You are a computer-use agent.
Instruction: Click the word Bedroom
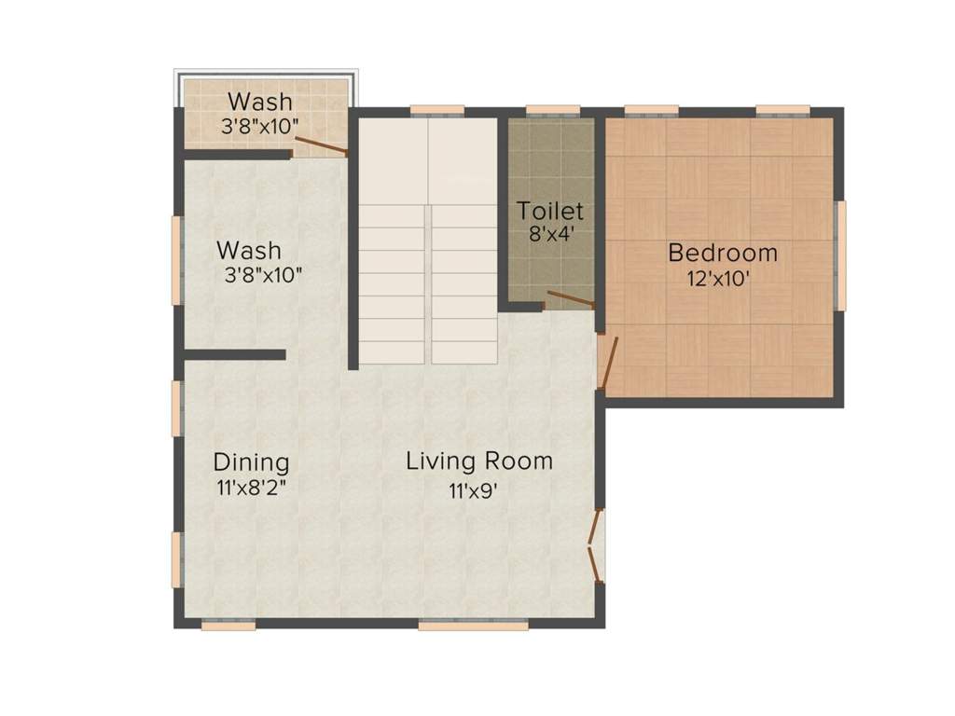click(723, 253)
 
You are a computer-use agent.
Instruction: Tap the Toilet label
click(550, 210)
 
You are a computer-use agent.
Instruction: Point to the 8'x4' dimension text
click(549, 234)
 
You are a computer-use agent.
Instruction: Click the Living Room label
click(478, 461)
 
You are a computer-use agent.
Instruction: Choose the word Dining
click(251, 462)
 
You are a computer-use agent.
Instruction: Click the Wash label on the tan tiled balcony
click(260, 101)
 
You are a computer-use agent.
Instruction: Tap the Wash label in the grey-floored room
click(248, 251)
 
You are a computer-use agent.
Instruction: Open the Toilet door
click(571, 299)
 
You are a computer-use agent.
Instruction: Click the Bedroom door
click(608, 363)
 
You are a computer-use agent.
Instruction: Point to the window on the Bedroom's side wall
click(840, 255)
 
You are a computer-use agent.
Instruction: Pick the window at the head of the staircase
click(436, 110)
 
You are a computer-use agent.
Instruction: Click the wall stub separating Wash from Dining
click(234, 354)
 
